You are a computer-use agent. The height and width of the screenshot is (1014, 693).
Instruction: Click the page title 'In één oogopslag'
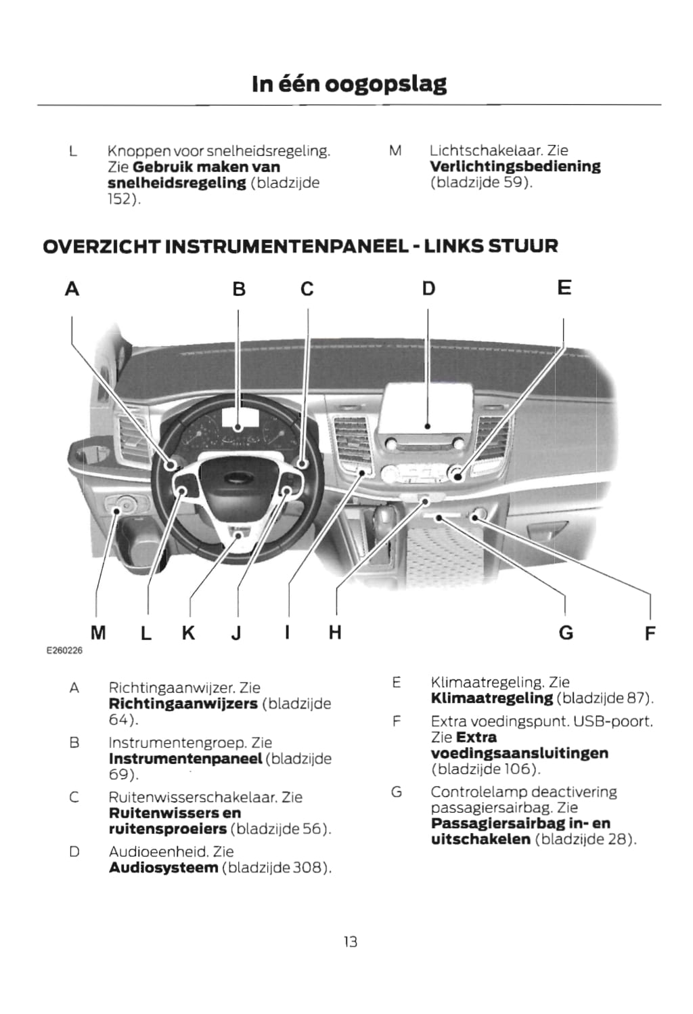(x=349, y=84)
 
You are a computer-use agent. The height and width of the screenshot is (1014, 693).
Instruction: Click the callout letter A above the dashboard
(x=72, y=289)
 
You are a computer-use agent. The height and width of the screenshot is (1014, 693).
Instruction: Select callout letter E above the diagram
(x=564, y=288)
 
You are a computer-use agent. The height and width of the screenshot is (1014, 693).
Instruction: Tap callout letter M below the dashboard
(x=98, y=633)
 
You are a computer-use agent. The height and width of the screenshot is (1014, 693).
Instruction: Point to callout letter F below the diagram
(x=650, y=634)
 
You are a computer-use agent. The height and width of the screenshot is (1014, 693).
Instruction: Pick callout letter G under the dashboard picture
(x=566, y=633)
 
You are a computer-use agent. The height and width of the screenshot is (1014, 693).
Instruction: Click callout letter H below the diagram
(x=335, y=633)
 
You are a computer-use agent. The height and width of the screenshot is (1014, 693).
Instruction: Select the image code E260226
(x=64, y=651)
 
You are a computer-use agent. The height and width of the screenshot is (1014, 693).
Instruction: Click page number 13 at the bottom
(x=350, y=942)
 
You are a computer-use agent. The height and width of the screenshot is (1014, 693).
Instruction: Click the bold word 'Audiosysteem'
(x=163, y=868)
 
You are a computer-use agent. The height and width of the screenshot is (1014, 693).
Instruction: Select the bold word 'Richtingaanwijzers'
(x=183, y=704)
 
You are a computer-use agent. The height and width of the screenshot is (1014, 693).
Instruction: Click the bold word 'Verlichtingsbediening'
(x=515, y=167)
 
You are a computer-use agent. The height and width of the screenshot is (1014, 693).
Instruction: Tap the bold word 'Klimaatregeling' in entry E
(x=491, y=698)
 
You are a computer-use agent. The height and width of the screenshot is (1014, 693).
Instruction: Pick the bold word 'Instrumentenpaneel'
(x=185, y=759)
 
